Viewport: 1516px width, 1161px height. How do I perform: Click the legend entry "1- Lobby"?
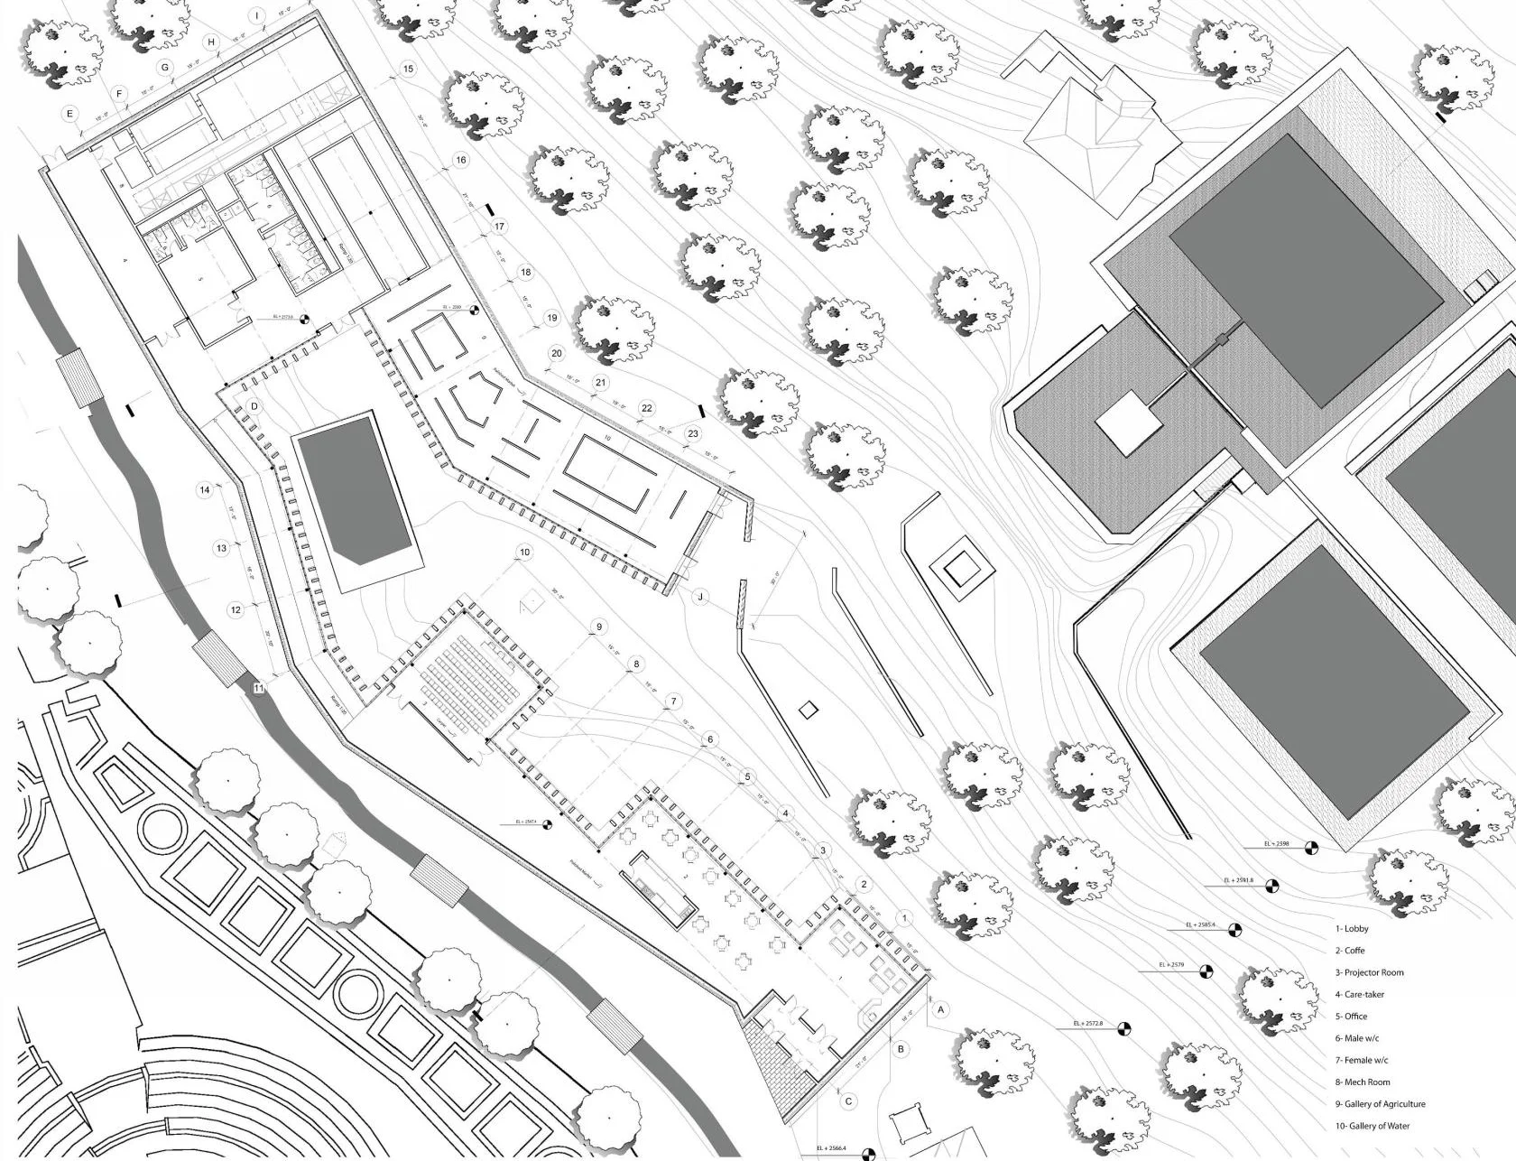(x=1352, y=929)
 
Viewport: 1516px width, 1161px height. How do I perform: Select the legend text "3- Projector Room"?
(x=1370, y=972)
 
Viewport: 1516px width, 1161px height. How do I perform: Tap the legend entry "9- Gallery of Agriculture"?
(x=1381, y=1104)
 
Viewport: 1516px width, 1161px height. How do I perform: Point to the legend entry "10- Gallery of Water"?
(x=1373, y=1126)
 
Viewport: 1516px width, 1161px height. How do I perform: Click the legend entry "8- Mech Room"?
(x=1363, y=1082)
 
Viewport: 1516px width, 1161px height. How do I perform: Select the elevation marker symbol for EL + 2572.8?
(x=1123, y=1028)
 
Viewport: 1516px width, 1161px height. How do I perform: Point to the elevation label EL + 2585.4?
(x=1201, y=925)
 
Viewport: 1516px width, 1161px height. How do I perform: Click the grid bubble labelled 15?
(x=408, y=69)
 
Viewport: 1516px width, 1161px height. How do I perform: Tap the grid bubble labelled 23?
(x=693, y=433)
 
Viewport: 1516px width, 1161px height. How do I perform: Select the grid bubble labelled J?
(x=699, y=597)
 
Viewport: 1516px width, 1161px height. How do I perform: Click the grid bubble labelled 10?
(x=524, y=553)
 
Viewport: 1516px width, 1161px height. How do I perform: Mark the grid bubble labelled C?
(x=847, y=1101)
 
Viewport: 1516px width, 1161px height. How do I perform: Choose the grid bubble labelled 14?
(x=205, y=490)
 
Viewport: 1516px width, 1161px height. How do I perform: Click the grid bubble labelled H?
(x=212, y=42)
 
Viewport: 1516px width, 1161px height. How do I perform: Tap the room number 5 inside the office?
(x=201, y=281)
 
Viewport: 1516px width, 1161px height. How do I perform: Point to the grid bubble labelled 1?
(x=905, y=918)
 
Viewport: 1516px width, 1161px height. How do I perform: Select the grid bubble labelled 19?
(x=552, y=318)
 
